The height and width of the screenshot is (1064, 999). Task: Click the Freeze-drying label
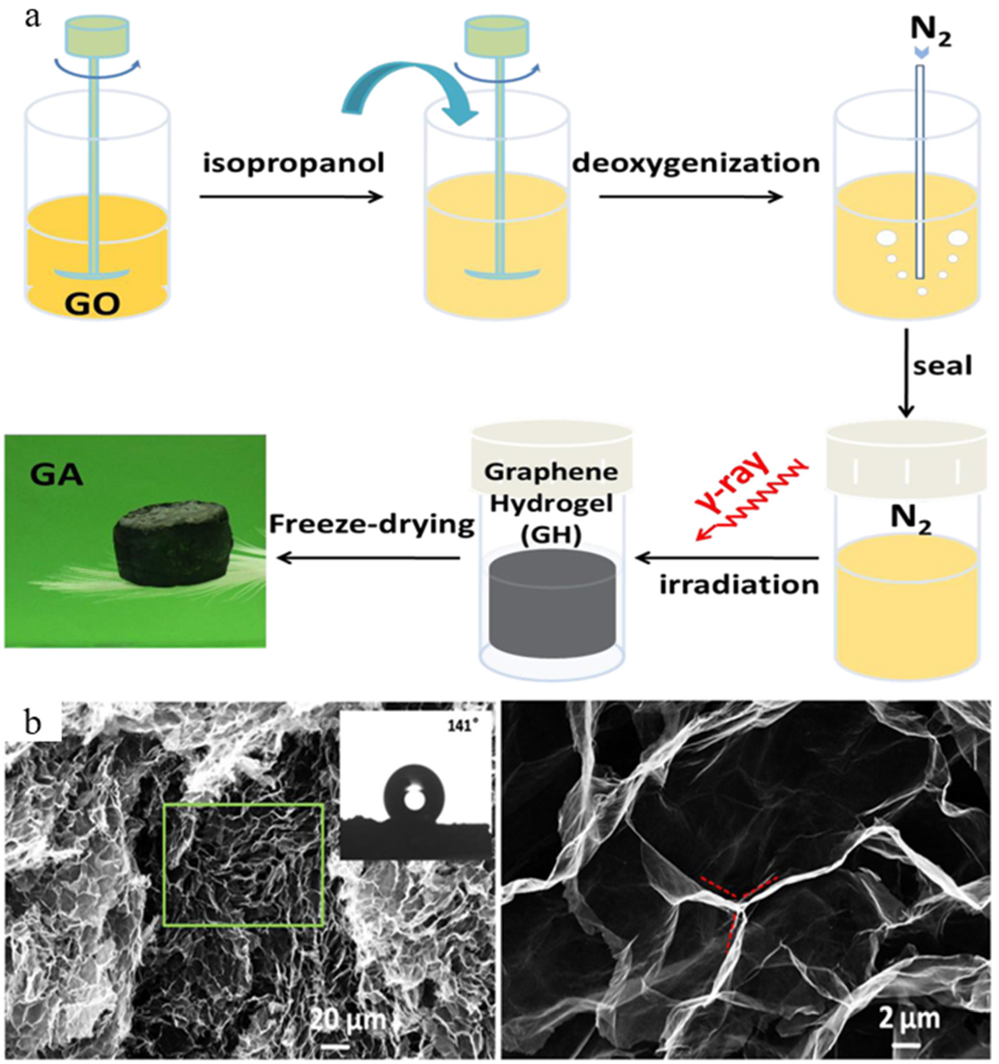click(x=372, y=525)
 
